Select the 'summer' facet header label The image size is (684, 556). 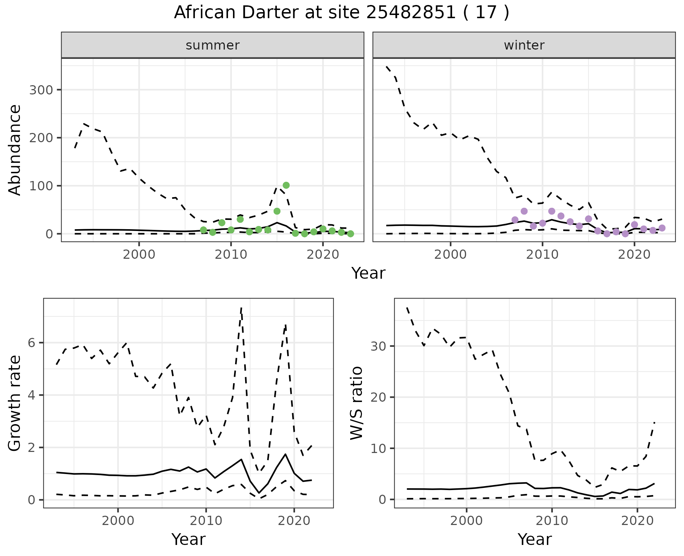[213, 45]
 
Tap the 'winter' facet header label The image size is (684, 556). [524, 45]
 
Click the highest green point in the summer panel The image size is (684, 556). [286, 185]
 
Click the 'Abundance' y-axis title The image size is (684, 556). [15, 150]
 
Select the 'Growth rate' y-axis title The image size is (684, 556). [15, 403]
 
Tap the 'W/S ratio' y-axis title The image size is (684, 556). [356, 403]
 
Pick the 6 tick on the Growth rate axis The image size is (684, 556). [32, 343]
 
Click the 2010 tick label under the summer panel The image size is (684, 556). [231, 254]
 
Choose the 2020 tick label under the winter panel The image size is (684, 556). [634, 254]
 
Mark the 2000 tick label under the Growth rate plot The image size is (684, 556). [118, 521]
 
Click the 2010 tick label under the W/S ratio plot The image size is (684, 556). [552, 521]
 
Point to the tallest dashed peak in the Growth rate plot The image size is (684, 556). [242, 308]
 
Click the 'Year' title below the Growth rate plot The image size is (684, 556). [188, 539]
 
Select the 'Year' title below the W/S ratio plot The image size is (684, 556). [535, 539]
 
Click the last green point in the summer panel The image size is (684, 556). [351, 234]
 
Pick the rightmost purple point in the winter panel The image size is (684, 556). [662, 228]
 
